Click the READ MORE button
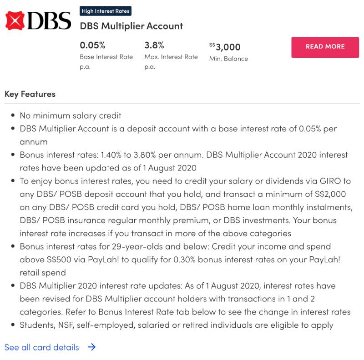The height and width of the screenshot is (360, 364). pyautogui.click(x=325, y=47)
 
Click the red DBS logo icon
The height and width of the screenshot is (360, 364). pyautogui.click(x=15, y=21)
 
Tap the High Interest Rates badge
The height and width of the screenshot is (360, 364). pyautogui.click(x=106, y=11)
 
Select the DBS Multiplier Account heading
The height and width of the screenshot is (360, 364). pyautogui.click(x=131, y=26)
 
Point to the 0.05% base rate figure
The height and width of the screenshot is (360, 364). pyautogui.click(x=92, y=45)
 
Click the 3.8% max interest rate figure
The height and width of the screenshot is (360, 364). pyautogui.click(x=154, y=45)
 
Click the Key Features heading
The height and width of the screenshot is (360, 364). pyautogui.click(x=30, y=94)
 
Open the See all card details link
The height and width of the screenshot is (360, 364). pyautogui.click(x=42, y=347)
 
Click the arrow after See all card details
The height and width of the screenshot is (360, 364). pyautogui.click(x=91, y=347)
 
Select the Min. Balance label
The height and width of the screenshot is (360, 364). pyautogui.click(x=228, y=59)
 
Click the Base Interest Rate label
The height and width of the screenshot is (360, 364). pyautogui.click(x=106, y=57)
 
